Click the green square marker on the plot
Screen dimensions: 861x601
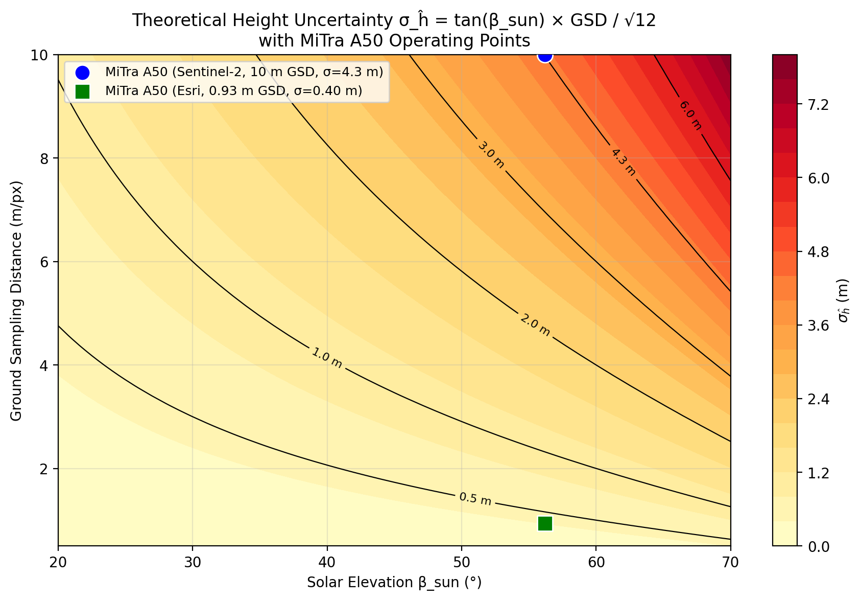pyautogui.click(x=545, y=523)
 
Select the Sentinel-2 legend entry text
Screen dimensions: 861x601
pyautogui.click(x=244, y=72)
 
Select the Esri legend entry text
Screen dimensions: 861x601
pyautogui.click(x=234, y=91)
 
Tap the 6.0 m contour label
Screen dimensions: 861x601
pyautogui.click(x=690, y=115)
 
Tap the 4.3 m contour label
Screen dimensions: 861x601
pyautogui.click(x=623, y=163)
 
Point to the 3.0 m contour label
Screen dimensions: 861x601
pyautogui.click(x=491, y=155)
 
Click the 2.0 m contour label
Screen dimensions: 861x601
pyautogui.click(x=535, y=325)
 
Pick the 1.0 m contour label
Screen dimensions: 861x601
pyautogui.click(x=326, y=358)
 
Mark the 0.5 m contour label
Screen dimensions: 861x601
pyautogui.click(x=475, y=499)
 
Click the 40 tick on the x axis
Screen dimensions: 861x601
pyautogui.click(x=327, y=563)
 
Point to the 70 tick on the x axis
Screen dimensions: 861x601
pyautogui.click(x=730, y=563)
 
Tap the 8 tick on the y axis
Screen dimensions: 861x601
pyautogui.click(x=44, y=158)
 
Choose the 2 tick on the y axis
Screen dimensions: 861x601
pyautogui.click(x=44, y=469)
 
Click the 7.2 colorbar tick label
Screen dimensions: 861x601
pyautogui.click(x=818, y=105)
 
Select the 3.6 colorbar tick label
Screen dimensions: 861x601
pyautogui.click(x=818, y=326)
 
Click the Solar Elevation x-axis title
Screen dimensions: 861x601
pyautogui.click(x=394, y=583)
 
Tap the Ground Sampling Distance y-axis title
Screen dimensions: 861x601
pyautogui.click(x=16, y=301)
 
